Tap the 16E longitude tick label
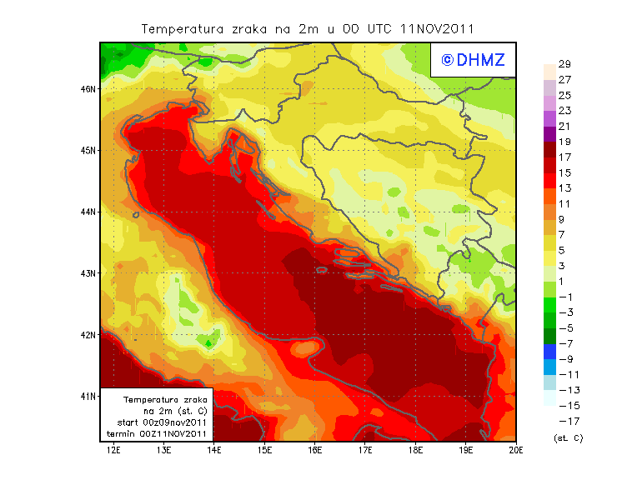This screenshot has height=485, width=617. (x=315, y=451)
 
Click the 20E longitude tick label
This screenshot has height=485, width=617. (x=516, y=451)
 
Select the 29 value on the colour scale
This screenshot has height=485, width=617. (x=564, y=64)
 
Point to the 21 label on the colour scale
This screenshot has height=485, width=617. (x=564, y=126)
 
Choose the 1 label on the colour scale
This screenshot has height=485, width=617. (x=561, y=281)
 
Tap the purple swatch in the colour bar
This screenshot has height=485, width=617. (x=549, y=133)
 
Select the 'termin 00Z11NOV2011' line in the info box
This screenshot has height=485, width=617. (x=157, y=433)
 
